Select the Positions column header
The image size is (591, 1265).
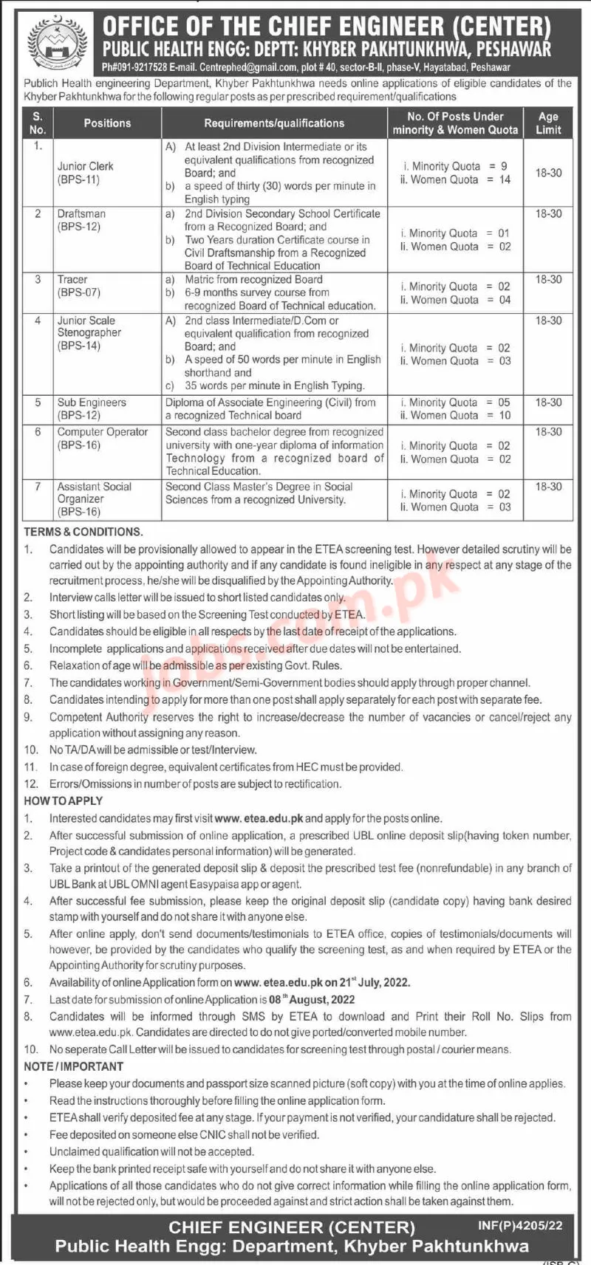point(107,123)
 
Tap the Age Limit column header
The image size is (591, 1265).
point(548,123)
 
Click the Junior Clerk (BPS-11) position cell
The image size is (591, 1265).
point(86,173)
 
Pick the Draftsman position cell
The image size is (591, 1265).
point(81,220)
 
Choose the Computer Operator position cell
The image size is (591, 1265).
point(103,439)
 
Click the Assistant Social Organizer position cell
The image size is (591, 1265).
point(95,499)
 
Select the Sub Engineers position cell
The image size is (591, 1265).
point(92,409)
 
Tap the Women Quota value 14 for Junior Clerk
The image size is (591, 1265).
point(505,179)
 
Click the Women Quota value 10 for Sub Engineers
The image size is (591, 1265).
point(505,416)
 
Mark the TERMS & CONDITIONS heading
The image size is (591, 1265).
point(83,532)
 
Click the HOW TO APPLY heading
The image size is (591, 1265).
point(64,801)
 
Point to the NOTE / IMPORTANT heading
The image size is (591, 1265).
point(73,1066)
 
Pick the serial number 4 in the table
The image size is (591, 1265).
point(38,320)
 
